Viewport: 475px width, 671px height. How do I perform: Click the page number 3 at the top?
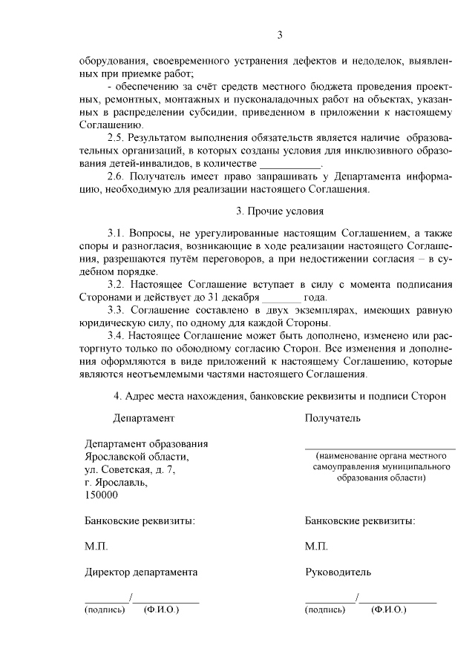tap(280, 35)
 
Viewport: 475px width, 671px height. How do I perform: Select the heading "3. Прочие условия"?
tap(280, 211)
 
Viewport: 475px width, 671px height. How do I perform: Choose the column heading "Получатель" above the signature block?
tap(332, 417)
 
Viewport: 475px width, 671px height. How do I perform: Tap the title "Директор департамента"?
tap(141, 572)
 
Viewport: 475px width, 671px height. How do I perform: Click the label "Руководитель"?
tap(338, 572)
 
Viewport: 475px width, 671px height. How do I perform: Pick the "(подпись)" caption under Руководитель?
tap(325, 609)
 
